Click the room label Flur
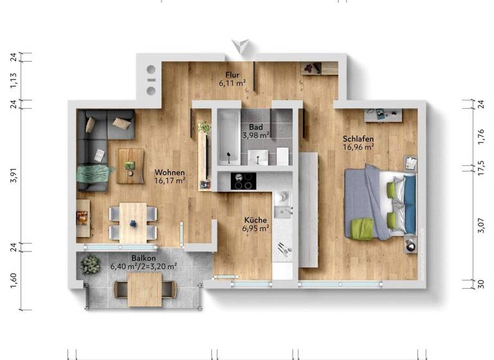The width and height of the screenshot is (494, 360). [x=232, y=75]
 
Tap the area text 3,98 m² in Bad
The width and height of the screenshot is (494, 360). [x=255, y=136]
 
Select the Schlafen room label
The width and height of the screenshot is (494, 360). [x=359, y=138]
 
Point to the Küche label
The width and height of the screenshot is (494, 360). [x=255, y=220]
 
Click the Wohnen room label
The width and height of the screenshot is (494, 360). [x=170, y=172]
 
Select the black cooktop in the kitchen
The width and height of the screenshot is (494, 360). [x=243, y=181]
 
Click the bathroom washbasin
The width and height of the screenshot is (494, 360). [x=260, y=155]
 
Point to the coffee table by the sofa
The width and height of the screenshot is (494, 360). [x=131, y=161]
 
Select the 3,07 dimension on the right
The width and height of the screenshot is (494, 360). [x=482, y=226]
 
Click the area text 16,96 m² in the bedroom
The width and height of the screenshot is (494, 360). [x=358, y=147]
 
